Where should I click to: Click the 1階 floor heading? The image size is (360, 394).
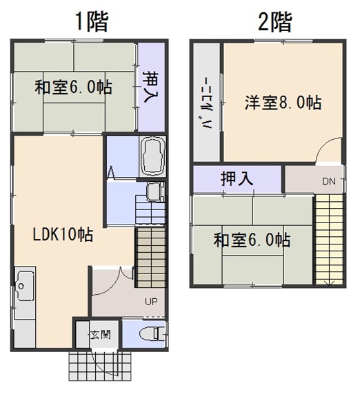click(92, 22)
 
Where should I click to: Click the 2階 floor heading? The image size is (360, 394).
click(275, 22)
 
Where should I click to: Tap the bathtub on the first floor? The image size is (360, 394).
click(152, 156)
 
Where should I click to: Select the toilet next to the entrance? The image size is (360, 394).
click(152, 334)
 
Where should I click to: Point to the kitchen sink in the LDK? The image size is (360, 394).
click(25, 287)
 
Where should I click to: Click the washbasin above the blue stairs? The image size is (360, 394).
click(155, 192)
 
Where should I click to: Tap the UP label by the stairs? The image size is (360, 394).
click(151, 301)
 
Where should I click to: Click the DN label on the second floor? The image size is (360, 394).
click(328, 181)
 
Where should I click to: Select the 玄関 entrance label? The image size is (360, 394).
click(101, 335)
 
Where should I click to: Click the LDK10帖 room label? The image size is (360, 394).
click(63, 234)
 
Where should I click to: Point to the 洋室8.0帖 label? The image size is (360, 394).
click(283, 102)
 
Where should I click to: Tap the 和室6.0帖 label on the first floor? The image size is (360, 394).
click(73, 87)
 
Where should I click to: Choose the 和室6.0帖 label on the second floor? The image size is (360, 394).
click(252, 240)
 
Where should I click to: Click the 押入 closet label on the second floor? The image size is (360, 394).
click(237, 178)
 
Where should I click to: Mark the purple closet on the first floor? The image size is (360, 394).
click(152, 87)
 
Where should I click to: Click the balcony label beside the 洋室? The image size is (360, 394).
click(208, 103)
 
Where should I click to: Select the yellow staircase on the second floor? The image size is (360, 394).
click(329, 240)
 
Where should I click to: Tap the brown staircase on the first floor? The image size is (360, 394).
click(151, 258)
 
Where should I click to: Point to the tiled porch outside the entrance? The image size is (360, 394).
click(100, 366)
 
